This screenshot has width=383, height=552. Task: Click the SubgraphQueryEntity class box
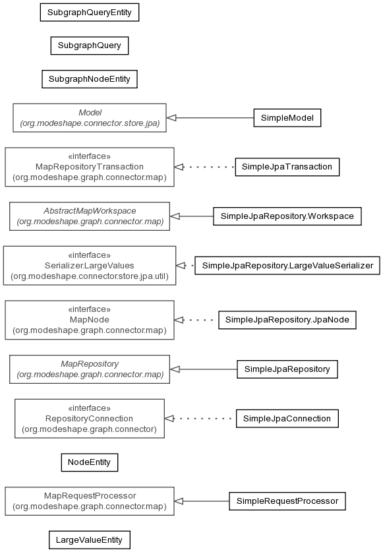point(90,13)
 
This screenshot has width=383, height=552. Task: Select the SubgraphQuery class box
point(90,46)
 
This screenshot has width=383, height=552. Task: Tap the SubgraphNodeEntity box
point(90,79)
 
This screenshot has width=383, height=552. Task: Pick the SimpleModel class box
point(287,117)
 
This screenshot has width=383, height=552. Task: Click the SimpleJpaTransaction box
point(287,167)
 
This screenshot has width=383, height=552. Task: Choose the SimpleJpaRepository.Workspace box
point(287,216)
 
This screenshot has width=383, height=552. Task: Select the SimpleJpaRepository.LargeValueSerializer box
point(287,265)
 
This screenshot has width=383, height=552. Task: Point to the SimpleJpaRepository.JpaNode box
point(287,320)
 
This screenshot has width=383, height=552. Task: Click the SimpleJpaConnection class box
point(287,418)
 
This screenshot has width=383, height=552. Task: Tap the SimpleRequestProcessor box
point(287,501)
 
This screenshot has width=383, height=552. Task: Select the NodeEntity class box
point(90,462)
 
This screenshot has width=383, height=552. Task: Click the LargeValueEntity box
point(90,539)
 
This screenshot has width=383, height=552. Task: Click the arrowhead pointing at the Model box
point(171,117)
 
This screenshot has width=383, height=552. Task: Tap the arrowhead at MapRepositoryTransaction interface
point(179,167)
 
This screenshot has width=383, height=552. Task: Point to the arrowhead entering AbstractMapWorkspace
point(175,216)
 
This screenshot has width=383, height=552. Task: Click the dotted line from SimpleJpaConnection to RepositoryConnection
point(200,419)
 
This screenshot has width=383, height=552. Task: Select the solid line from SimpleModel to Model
point(210,117)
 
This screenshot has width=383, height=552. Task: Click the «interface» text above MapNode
point(90,309)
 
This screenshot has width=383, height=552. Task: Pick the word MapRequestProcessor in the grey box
point(90,496)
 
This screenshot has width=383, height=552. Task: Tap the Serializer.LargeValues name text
point(90,265)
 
